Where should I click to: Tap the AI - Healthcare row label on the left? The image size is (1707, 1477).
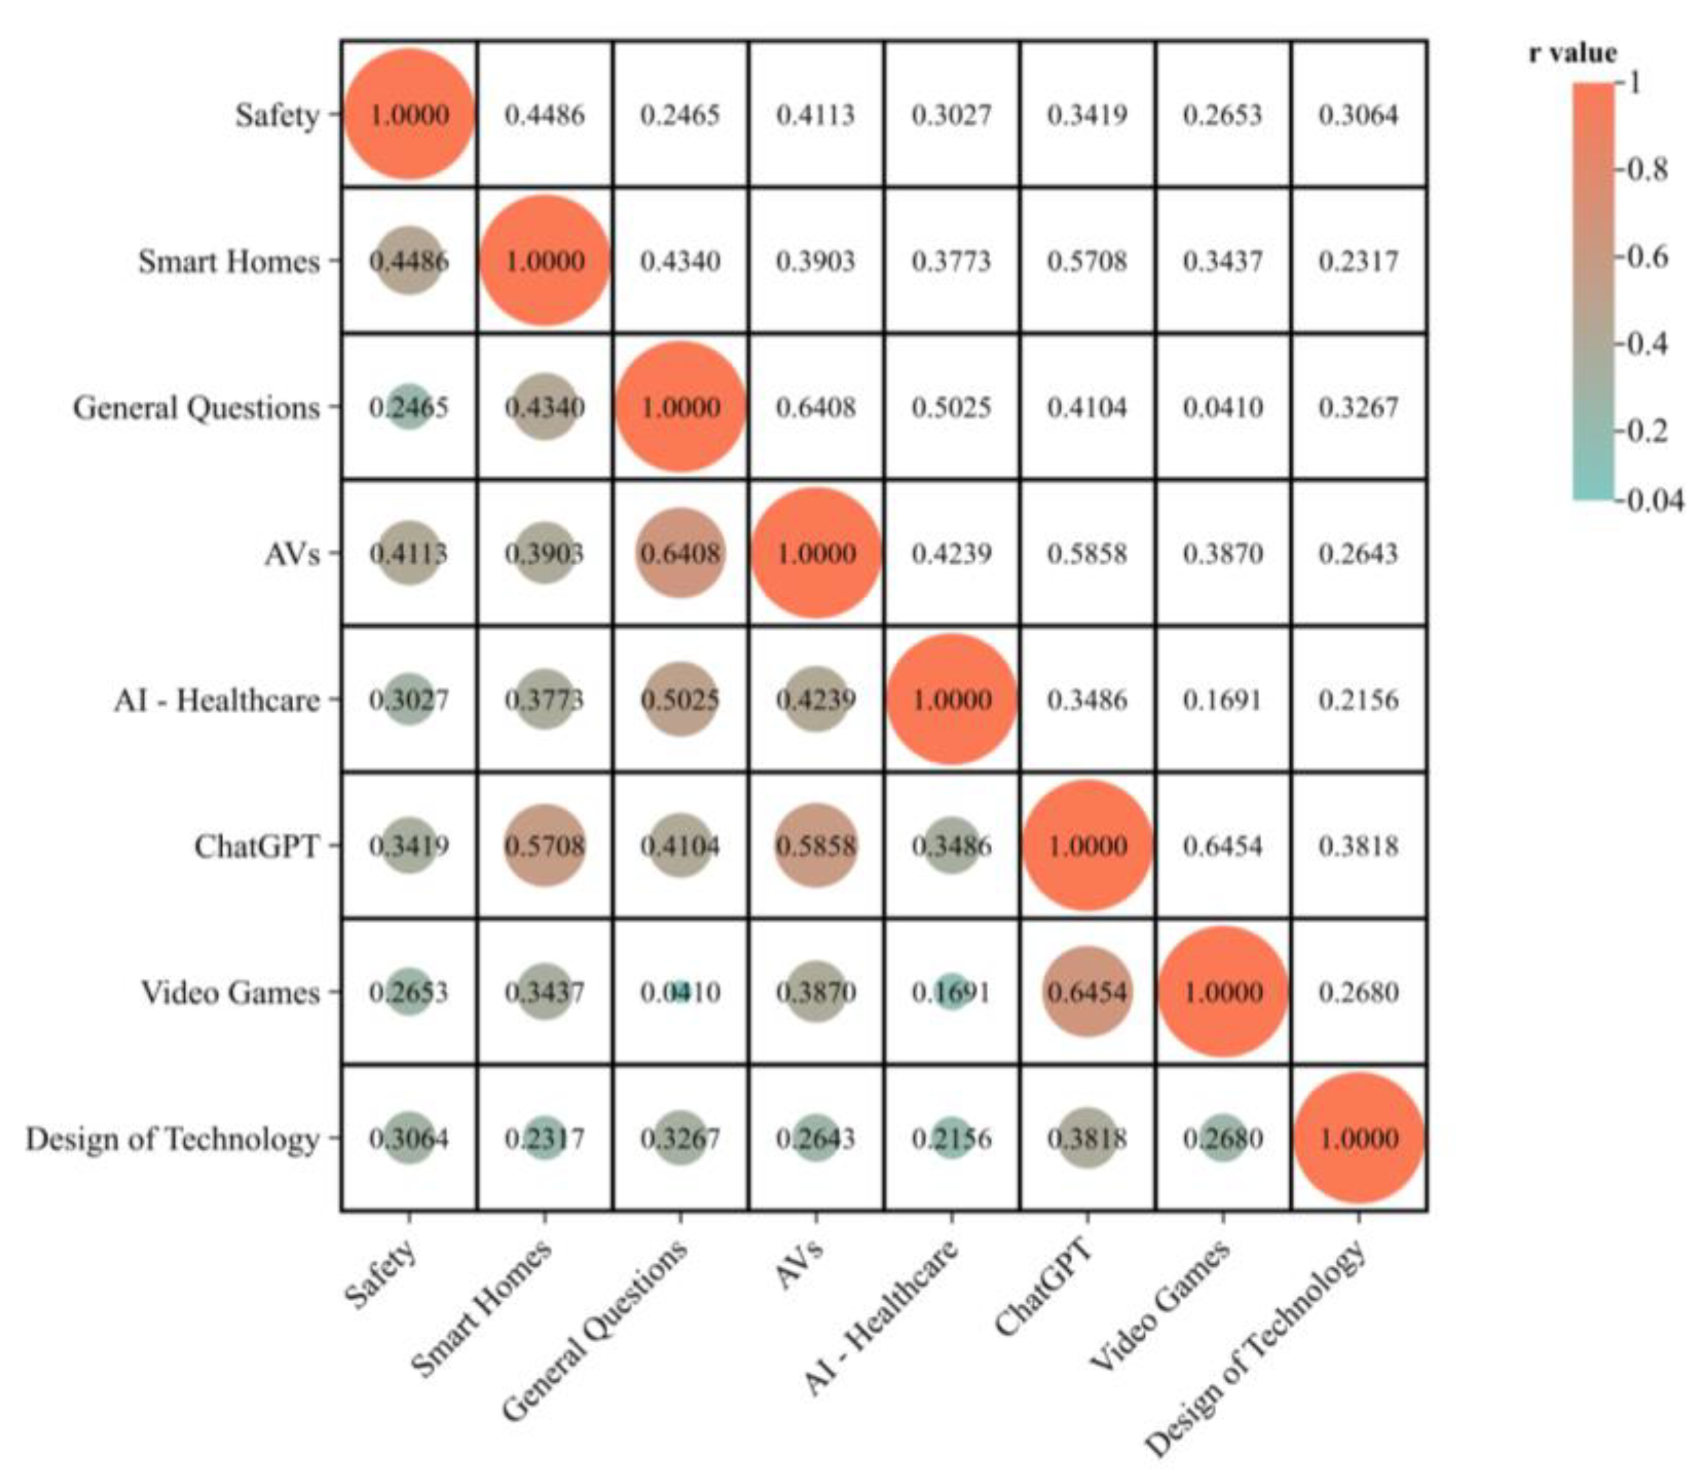[217, 699]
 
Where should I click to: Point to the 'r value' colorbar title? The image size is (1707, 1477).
[1571, 53]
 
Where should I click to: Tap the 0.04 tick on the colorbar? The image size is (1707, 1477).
[1653, 500]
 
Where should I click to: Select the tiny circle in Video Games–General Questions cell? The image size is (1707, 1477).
[681, 992]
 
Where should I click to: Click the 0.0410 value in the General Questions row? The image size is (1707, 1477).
[1223, 407]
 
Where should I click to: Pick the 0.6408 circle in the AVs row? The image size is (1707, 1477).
[681, 553]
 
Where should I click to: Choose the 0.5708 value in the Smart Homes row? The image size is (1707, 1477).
[1087, 261]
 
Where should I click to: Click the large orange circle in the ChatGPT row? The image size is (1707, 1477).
[1087, 846]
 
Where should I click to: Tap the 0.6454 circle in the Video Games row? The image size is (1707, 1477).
[1087, 992]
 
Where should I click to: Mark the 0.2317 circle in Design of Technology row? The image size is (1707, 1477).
[544, 1138]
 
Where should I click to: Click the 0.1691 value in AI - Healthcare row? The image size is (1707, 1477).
[1223, 699]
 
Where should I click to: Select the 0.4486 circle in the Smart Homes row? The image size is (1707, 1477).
[409, 261]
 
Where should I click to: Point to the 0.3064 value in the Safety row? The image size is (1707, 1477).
[1358, 114]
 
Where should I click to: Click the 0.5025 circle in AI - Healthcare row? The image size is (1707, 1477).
[681, 699]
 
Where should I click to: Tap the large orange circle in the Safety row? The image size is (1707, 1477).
[409, 114]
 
